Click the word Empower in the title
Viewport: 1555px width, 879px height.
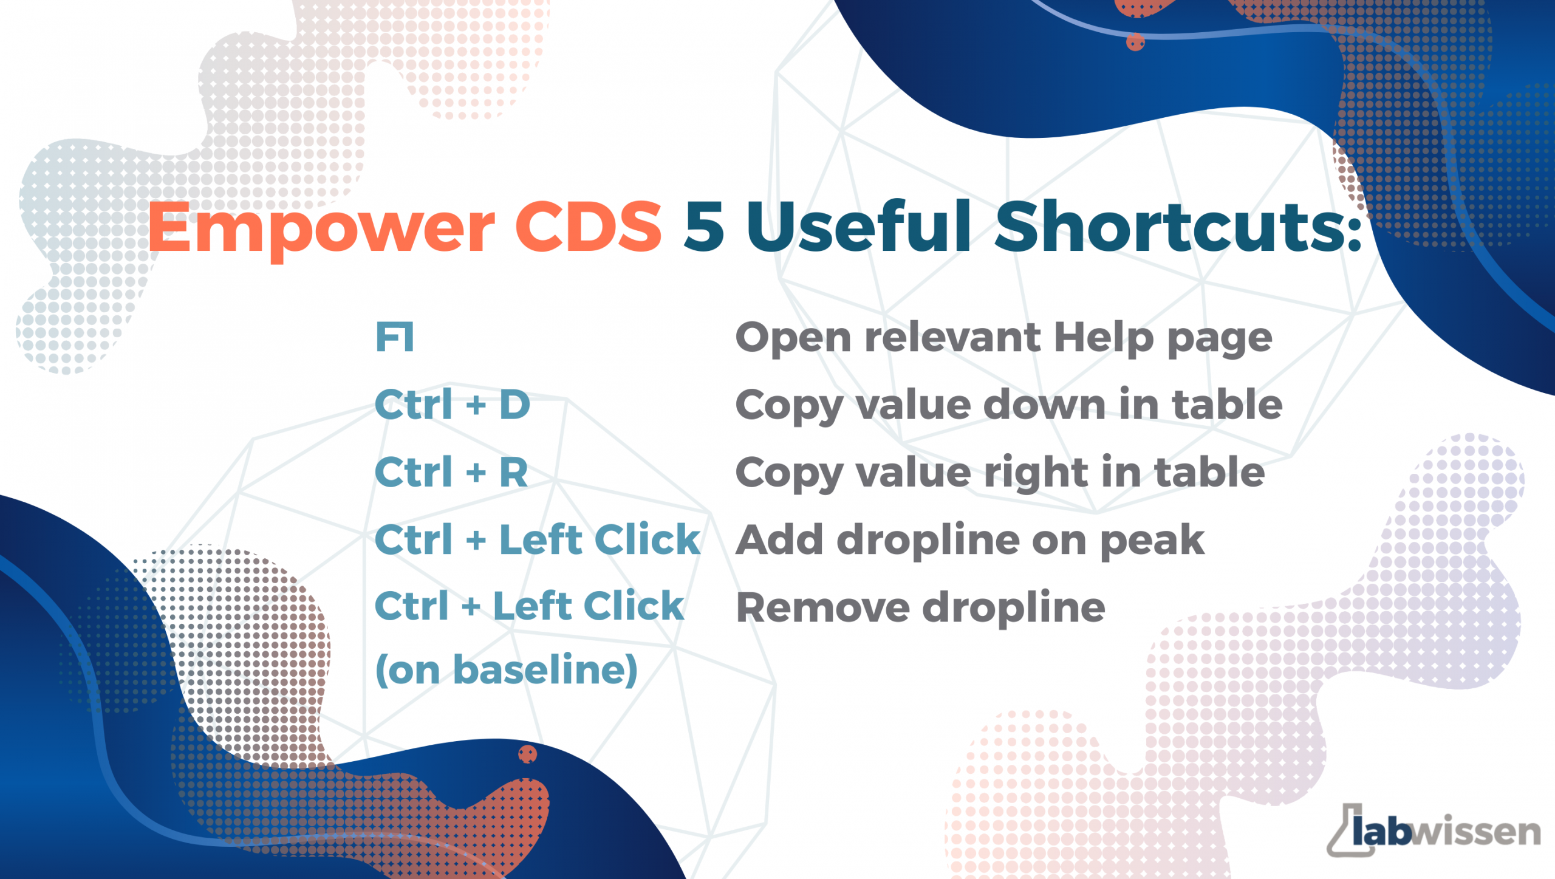[321, 228]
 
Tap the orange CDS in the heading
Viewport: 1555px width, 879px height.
[588, 226]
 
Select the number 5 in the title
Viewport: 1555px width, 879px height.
[704, 226]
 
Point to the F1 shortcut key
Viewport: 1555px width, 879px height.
[395, 337]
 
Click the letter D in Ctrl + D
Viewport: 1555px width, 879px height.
[514, 405]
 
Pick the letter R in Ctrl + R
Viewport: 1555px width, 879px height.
[513, 472]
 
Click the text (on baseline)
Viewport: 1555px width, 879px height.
[507, 670]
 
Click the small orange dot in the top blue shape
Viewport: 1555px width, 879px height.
[1135, 42]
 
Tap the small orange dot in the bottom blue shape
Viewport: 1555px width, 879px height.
[527, 754]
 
